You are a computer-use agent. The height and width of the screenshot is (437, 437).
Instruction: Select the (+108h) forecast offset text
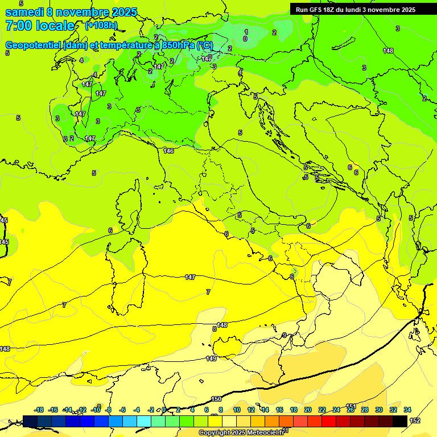101,26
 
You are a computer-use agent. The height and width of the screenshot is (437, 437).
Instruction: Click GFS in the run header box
318,10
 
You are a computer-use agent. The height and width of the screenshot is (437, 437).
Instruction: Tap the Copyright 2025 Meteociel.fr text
241,433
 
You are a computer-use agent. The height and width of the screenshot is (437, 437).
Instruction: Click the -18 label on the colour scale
39,410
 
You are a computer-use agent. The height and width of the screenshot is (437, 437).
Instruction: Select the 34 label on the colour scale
407,410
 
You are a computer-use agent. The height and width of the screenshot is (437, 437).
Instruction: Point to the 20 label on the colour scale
308,410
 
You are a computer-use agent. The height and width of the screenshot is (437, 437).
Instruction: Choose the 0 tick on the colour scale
164,410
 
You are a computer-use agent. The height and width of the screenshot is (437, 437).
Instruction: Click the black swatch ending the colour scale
400,421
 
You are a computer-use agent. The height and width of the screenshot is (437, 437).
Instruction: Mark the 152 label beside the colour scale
415,420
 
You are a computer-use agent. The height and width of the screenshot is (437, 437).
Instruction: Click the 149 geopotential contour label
211,358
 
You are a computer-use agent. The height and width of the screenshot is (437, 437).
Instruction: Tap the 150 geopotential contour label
216,399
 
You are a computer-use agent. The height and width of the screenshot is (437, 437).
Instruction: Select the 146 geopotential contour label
168,151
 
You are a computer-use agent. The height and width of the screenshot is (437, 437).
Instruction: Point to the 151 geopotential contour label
351,406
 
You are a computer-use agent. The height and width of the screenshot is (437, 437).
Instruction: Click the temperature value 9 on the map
285,335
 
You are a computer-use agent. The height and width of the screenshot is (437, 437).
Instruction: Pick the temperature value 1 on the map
246,31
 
